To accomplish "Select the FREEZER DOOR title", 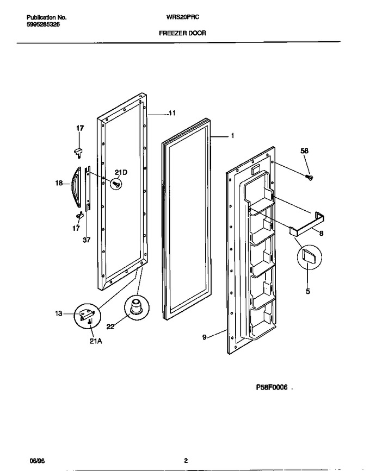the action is click(183, 33).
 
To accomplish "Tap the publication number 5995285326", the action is click(43, 24).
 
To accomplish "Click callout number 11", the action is click(172, 113).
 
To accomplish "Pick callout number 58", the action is click(304, 151).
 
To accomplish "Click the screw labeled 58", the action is click(310, 178).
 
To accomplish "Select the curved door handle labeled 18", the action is click(76, 187).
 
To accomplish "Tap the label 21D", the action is click(121, 172).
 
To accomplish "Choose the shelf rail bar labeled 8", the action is click(307, 223).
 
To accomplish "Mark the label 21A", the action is click(95, 341).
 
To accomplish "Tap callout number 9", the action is click(204, 337).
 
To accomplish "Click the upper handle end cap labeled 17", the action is click(78, 151).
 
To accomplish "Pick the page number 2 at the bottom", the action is click(186, 461).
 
